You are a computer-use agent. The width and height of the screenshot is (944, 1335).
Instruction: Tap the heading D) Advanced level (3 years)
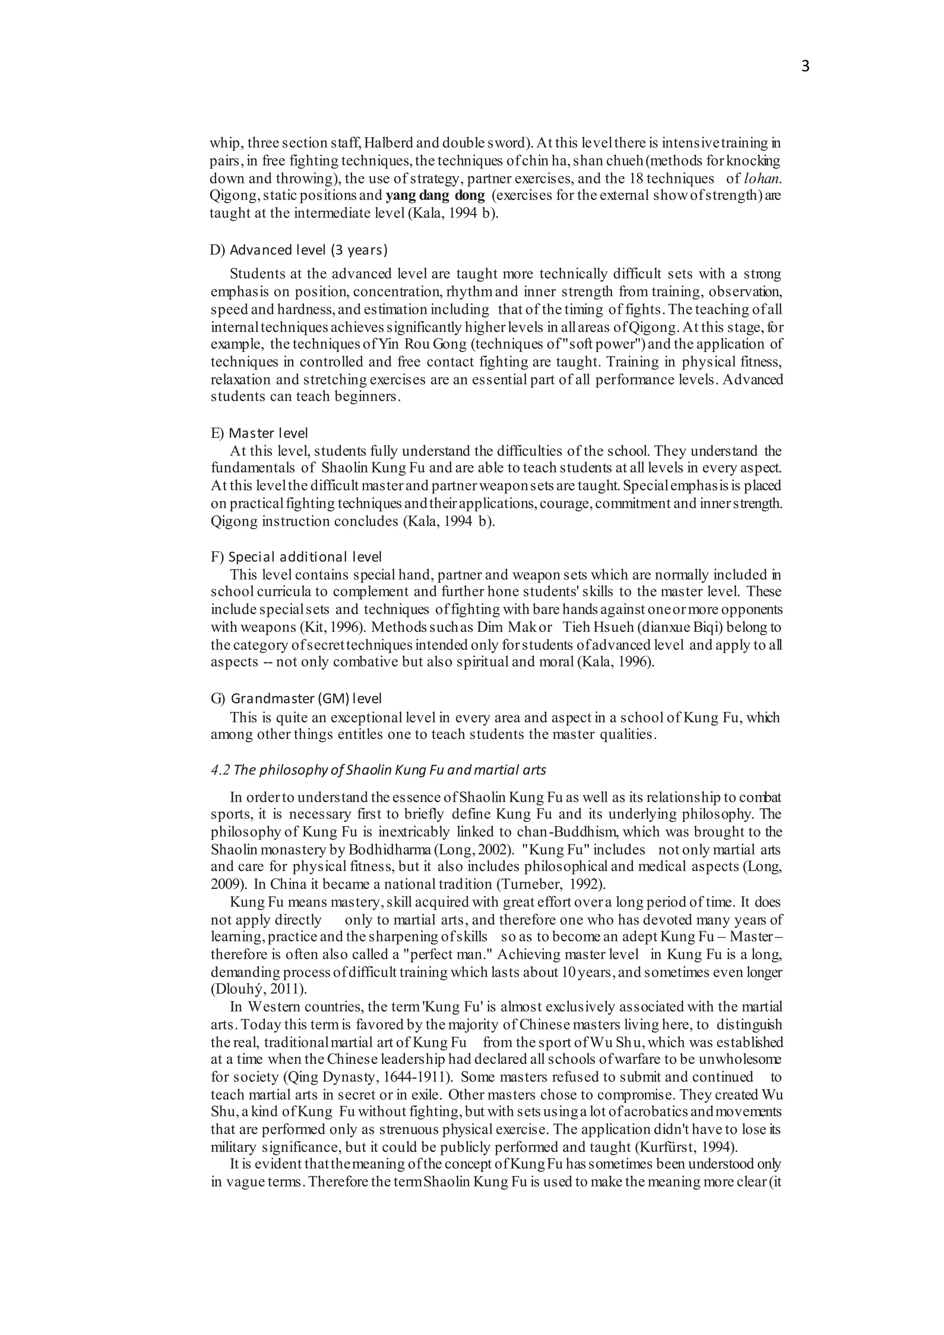click(299, 250)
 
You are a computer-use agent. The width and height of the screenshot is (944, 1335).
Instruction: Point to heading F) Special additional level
click(296, 557)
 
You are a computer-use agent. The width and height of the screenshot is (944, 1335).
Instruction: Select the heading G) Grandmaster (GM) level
click(296, 698)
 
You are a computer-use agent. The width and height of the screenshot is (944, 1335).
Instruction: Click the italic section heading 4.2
click(378, 770)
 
